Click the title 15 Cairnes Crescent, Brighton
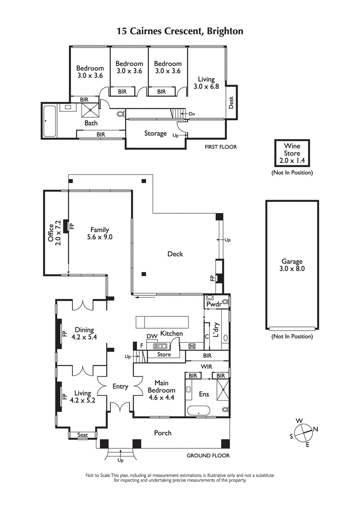pos(180,31)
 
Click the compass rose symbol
pos(304,431)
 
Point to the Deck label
pos(175,254)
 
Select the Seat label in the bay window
pos(82,435)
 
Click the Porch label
pos(162,433)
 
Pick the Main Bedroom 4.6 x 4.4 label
pos(162,390)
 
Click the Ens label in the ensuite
pos(203,394)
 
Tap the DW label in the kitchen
pos(151,336)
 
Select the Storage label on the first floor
pos(155,134)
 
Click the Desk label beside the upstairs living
pos(231,103)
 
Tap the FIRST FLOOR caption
pos(220,147)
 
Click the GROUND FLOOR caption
pos(208,455)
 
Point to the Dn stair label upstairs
pos(192,114)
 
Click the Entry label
pos(120,386)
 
